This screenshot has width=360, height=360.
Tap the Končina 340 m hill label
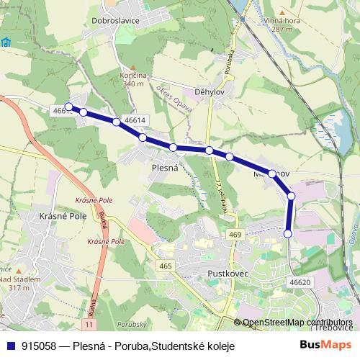(134, 80)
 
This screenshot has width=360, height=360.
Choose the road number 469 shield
(235, 235)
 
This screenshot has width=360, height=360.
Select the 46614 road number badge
(135, 120)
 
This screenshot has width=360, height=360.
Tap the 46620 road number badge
(300, 282)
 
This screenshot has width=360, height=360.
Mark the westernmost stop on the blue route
(69, 107)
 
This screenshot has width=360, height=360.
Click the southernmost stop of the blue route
(288, 233)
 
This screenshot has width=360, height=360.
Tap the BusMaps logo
(326, 345)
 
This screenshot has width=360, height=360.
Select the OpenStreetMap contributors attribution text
(297, 323)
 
